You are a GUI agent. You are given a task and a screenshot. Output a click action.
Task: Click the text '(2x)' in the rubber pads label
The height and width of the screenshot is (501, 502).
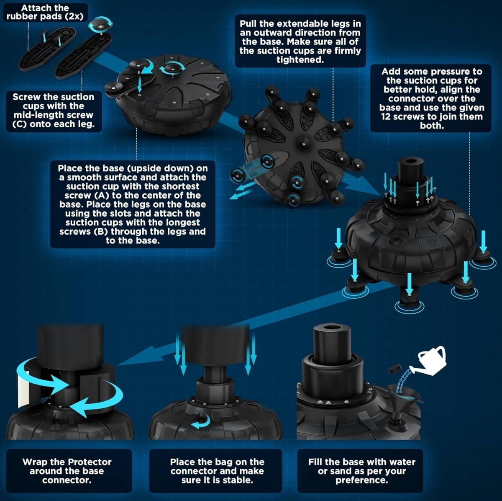pos(74,16)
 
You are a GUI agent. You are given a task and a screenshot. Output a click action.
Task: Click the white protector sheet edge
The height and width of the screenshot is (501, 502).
pos(21,387)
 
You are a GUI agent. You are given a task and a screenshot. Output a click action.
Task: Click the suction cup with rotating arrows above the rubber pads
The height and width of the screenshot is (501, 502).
pos(100,24)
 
